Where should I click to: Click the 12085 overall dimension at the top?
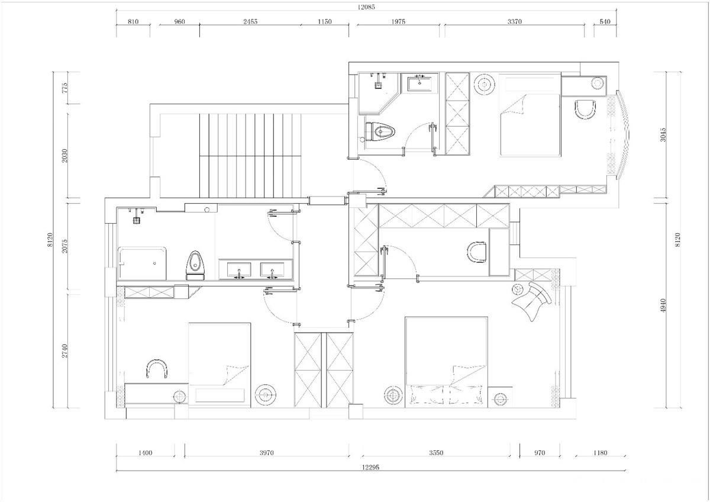tap(366, 7)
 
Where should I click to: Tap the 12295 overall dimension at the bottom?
tap(370, 467)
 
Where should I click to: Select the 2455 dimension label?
tap(250, 21)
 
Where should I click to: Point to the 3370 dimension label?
tap(514, 21)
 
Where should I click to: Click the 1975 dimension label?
tap(398, 21)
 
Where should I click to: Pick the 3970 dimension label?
tap(267, 453)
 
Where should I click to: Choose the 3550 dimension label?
tap(436, 453)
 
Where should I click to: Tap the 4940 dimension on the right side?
tap(663, 305)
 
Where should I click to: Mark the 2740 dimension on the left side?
tap(64, 350)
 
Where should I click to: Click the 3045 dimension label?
tap(663, 135)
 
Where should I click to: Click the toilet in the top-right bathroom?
tap(380, 131)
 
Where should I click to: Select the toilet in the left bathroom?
tap(195, 265)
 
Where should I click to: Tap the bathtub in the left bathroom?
tap(142, 263)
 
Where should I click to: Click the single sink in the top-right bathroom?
tap(420, 83)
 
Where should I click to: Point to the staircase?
tap(250, 156)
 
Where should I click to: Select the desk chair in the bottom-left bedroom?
tap(157, 369)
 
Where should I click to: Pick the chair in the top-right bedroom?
tap(585, 110)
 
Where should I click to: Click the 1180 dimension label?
tap(600, 453)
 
